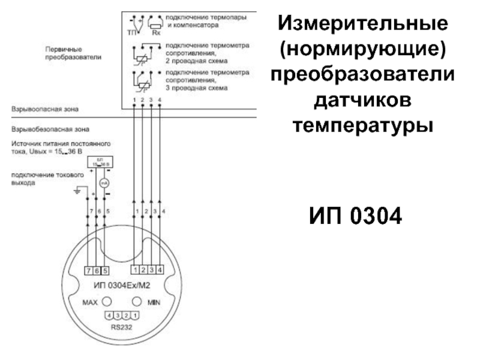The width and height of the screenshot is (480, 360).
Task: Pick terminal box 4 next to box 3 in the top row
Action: coord(160,270)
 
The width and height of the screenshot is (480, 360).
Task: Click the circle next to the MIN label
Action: coord(137,301)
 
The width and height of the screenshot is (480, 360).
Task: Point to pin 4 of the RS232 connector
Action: coord(109,315)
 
